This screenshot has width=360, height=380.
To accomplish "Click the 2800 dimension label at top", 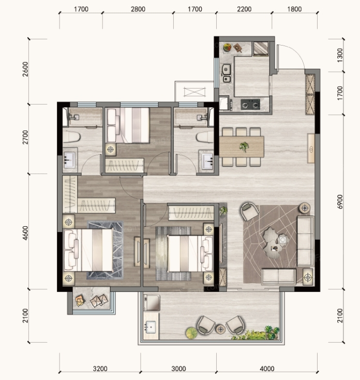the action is pyautogui.click(x=138, y=9).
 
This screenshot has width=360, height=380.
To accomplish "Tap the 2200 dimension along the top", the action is pyautogui.click(x=244, y=9).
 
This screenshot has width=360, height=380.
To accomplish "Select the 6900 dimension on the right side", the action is pyautogui.click(x=340, y=201).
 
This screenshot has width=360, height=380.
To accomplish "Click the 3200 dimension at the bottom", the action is pyautogui.click(x=100, y=369).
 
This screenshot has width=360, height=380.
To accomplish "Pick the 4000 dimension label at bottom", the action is pyautogui.click(x=267, y=369).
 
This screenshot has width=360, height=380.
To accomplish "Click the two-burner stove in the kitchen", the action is pyautogui.click(x=250, y=105).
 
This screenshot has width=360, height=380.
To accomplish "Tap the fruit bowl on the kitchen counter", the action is pyautogui.click(x=227, y=47).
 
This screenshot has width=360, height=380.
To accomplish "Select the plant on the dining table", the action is pyautogui.click(x=244, y=147).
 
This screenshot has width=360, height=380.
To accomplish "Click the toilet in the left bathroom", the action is pyautogui.click(x=71, y=137).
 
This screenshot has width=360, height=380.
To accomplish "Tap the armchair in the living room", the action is pyautogui.click(x=249, y=211).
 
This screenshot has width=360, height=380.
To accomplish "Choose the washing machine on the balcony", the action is pyautogui.click(x=152, y=302).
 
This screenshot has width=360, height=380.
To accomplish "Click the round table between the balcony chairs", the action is pyautogui.click(x=220, y=329).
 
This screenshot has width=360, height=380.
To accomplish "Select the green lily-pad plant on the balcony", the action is pyautogui.click(x=192, y=333).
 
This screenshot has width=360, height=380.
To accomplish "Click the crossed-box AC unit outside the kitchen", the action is pyautogui.click(x=194, y=92).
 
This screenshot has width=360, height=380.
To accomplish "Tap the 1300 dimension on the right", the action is pyautogui.click(x=340, y=55).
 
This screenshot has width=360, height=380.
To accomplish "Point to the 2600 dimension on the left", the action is pyautogui.click(x=25, y=69).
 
